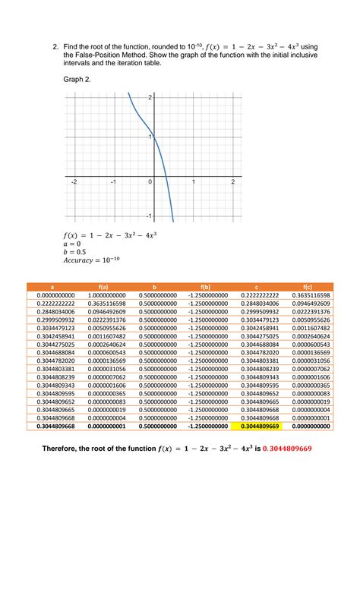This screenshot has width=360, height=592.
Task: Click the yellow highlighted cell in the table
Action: pos(258,427)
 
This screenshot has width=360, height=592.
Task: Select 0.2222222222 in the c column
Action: pos(258,294)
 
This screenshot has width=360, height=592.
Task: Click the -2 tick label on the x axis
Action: pos(74,183)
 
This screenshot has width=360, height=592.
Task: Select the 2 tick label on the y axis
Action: pos(151,98)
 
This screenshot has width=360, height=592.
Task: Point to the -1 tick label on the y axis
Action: pos(149,217)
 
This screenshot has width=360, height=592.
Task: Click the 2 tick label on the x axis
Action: pos(232,183)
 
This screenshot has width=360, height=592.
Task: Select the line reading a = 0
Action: pos(73,244)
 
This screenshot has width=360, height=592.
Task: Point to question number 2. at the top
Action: pos(56,47)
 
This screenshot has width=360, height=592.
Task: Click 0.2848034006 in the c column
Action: pos(258,311)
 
